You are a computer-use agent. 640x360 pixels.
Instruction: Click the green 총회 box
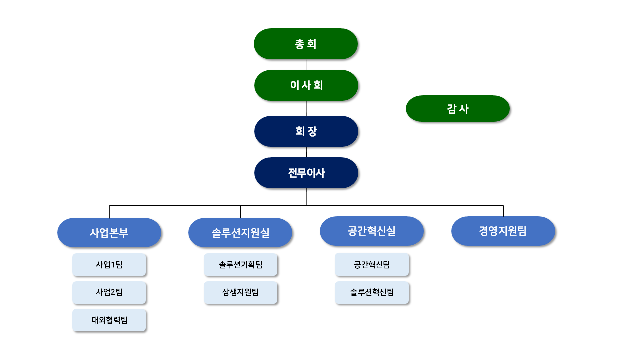coord(306,44)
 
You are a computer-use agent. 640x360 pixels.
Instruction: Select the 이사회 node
coord(306,85)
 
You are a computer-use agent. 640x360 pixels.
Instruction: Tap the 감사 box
coord(457,109)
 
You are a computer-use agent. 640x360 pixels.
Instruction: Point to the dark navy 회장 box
coord(306,131)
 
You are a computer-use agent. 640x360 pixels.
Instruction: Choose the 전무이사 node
coord(306,173)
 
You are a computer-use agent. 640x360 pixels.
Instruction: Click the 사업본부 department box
coord(109,232)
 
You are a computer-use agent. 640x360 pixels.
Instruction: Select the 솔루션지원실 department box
coord(240,232)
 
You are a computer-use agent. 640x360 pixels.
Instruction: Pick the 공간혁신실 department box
coord(372,231)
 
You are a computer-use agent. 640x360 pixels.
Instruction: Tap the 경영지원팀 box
coord(503,231)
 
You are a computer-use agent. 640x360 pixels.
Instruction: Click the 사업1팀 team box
coord(109,265)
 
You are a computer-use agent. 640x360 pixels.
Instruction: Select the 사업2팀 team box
coord(109,292)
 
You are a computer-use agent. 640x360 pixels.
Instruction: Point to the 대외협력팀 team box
coord(109,320)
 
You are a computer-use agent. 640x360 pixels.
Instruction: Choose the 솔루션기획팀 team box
coord(240,265)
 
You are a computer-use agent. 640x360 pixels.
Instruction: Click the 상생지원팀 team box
coord(240,292)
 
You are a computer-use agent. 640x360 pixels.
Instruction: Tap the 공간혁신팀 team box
coord(372,264)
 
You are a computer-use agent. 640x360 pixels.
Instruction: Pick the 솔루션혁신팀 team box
coord(372,292)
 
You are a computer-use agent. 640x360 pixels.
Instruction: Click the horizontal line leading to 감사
coord(356,109)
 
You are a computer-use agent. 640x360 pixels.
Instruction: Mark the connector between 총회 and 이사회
coord(306,65)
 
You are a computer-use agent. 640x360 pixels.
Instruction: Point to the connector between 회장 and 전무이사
coord(306,152)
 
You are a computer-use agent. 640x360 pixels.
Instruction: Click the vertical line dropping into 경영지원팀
coord(503,211)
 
